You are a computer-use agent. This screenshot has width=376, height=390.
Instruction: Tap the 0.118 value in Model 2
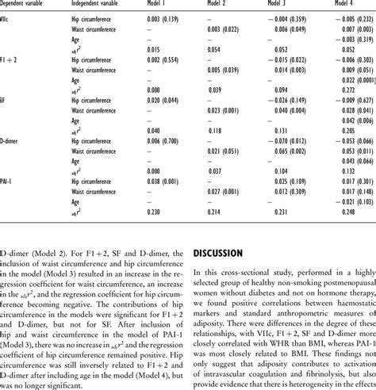click(x=215, y=130)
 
